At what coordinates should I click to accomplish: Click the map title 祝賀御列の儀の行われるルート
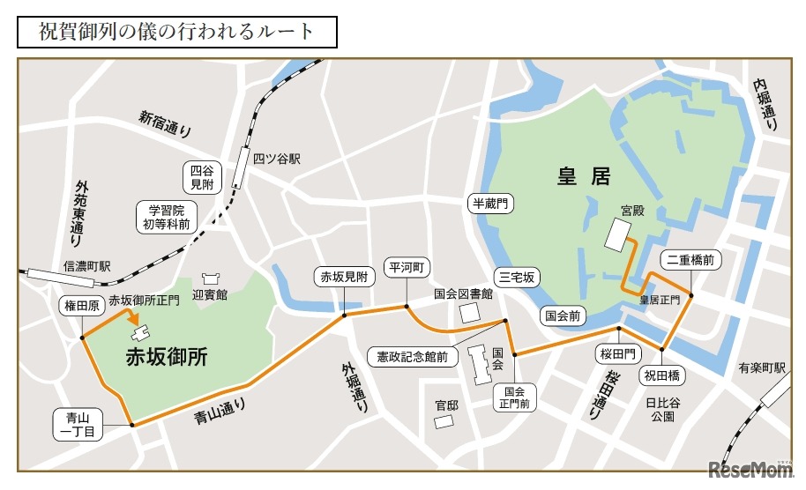(x=176, y=33)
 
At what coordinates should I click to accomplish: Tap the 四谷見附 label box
(x=202, y=177)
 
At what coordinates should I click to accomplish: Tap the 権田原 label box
(x=81, y=307)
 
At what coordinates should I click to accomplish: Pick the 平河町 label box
(x=407, y=267)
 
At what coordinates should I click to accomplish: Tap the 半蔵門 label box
(x=491, y=204)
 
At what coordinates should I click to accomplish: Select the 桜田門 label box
(x=618, y=354)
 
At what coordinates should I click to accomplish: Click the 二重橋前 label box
(x=690, y=260)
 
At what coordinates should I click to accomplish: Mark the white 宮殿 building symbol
(x=619, y=235)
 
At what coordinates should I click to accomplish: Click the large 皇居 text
(x=583, y=176)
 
